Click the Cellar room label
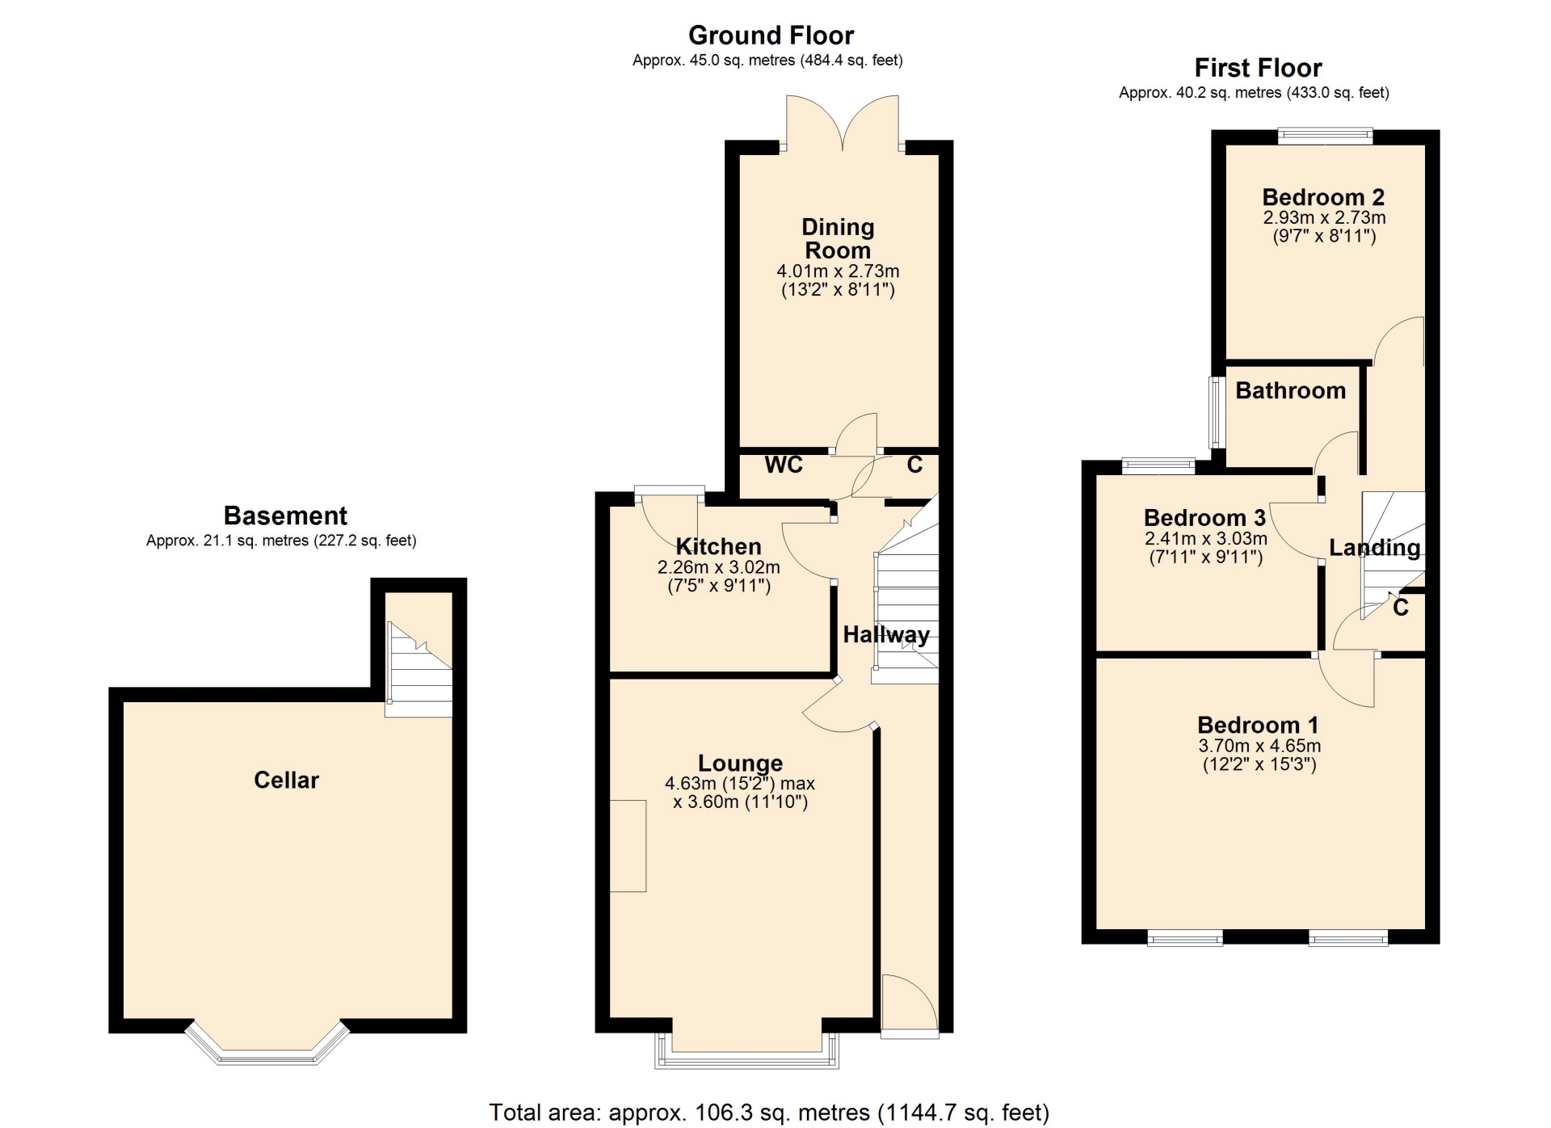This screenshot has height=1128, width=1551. point(286,780)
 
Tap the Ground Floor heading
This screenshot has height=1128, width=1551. point(771,36)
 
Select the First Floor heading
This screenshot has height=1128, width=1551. point(1258,68)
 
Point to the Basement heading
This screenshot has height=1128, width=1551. point(285,516)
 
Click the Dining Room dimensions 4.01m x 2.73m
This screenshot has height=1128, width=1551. point(838,271)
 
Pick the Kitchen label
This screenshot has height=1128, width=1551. point(718,546)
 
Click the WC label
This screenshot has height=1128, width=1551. point(784,465)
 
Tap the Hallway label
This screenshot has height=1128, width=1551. point(886,635)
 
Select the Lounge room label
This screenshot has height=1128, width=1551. point(740,763)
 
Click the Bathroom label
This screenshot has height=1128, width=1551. point(1290,390)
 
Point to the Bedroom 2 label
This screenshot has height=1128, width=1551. point(1323,197)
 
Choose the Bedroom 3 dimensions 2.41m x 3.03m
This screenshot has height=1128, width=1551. point(1205,538)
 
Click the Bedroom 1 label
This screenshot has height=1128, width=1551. point(1259,725)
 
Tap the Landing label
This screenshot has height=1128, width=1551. point(1374,548)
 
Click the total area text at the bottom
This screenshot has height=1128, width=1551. point(769,1113)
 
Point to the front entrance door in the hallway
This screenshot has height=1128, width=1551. point(910,1006)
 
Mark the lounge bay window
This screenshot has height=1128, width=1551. point(747,1051)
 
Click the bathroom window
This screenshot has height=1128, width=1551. point(1216,412)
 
